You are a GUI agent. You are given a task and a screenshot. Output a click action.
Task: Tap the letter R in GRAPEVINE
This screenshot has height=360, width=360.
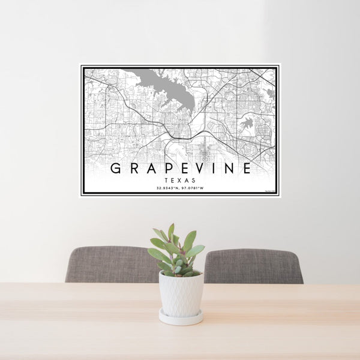pos(134,169)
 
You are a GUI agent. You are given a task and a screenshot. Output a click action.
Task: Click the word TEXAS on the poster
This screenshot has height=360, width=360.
pos(179,179)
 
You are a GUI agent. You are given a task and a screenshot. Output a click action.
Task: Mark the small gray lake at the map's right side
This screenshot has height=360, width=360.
pos(247,124)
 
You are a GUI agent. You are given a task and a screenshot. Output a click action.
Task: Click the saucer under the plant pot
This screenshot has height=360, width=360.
pos(181,318)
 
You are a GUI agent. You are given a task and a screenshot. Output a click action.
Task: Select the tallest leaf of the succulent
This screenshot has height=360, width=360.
pos(171,231)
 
